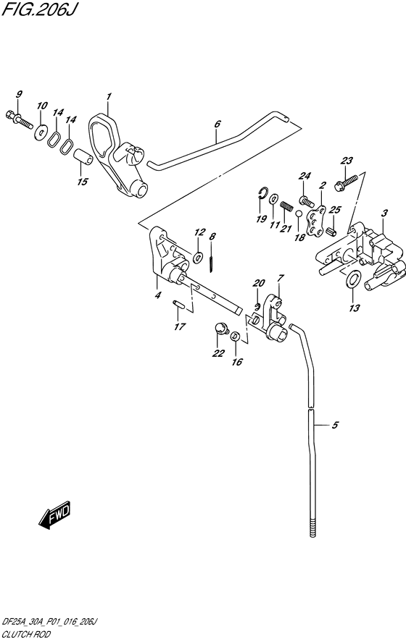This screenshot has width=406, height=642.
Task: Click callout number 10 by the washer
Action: pyautogui.click(x=42, y=106)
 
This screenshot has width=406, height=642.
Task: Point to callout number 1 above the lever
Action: pyautogui.click(x=108, y=96)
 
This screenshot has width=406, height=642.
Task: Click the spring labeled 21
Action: pyautogui.click(x=286, y=208)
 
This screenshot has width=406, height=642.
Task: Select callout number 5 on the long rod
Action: pyautogui.click(x=335, y=426)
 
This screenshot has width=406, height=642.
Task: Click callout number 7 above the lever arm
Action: pyautogui.click(x=280, y=278)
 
